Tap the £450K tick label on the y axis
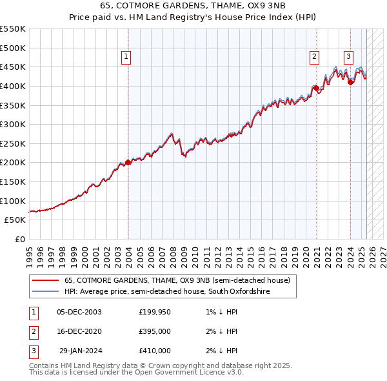tap(13, 67)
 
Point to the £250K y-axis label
tap(13, 143)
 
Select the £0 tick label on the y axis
tap(20, 239)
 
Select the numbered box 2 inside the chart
tap(314, 57)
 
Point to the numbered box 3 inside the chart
tap(348, 57)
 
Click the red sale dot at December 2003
tap(128, 163)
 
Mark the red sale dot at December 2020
tap(316, 88)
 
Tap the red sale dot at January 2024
tap(350, 82)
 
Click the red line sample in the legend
tap(45, 281)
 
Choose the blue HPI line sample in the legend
tap(45, 292)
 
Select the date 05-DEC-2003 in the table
tap(79, 312)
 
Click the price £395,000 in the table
tap(155, 331)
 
